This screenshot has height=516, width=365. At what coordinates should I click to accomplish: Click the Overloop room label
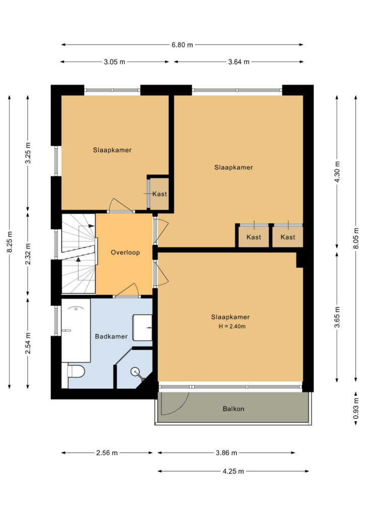point(125,252)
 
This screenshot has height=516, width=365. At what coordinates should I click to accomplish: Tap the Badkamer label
point(111,336)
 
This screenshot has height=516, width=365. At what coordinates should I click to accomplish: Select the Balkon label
point(233,409)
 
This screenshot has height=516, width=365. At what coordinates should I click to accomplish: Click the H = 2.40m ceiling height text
point(232,327)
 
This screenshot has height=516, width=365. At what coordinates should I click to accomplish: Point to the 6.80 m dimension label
point(182,45)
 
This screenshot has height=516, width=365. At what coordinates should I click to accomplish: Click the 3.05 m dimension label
point(114,61)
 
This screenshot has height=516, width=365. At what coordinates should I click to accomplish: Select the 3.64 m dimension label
point(238,61)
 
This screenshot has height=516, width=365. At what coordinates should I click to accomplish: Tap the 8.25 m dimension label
point(10,242)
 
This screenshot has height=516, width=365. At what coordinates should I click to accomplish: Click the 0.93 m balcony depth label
point(356,409)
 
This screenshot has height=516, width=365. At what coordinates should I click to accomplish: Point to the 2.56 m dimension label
point(107,453)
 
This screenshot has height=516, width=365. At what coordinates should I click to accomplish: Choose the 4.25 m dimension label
point(233,471)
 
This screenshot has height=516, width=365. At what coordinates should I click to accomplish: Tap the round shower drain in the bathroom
point(135,372)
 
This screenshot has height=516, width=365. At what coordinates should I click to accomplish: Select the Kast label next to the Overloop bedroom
point(160,194)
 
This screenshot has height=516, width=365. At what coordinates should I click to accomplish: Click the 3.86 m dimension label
point(226,453)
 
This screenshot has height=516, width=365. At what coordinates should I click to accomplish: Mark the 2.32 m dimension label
point(28,254)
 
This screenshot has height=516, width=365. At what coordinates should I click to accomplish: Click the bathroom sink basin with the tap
point(142,328)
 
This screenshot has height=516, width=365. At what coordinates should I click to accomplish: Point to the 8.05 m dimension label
point(356,238)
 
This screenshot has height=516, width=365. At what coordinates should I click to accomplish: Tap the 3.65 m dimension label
point(337,317)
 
